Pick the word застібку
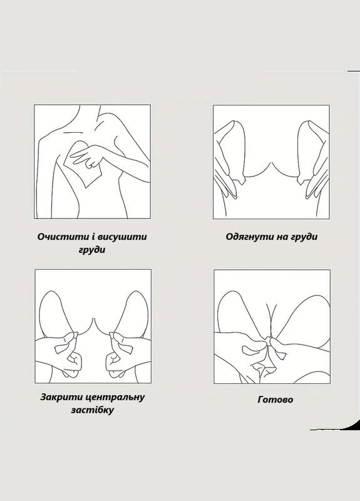click(93, 411)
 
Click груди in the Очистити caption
click(93, 250)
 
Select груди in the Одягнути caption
click(300, 237)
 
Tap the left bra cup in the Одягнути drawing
click(232, 150)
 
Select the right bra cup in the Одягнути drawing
click(311, 150)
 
